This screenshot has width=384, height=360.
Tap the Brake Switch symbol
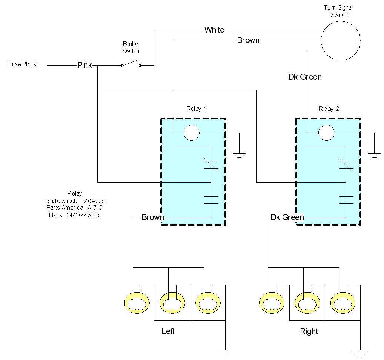click(131, 64)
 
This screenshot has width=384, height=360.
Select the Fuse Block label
click(22, 64)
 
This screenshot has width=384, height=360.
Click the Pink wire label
click(84, 65)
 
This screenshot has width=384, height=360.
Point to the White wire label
click(214, 30)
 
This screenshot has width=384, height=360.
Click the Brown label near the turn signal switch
click(248, 40)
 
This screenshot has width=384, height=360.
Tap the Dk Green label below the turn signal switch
click(305, 77)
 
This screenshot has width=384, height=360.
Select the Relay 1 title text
click(196, 109)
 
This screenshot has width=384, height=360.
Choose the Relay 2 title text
click(329, 109)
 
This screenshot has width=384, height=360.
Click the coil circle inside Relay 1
click(191, 125)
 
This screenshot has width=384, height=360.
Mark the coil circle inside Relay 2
click(327, 125)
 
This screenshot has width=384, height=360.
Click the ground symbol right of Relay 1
click(239, 155)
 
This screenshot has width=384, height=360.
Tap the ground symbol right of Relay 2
click(374, 155)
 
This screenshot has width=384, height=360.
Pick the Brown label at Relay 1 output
click(153, 217)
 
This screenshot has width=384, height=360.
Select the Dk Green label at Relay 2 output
click(287, 217)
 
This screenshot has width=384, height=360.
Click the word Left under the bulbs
click(168, 331)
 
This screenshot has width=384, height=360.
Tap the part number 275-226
click(94, 201)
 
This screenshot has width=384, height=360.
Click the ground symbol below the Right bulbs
click(360, 353)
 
